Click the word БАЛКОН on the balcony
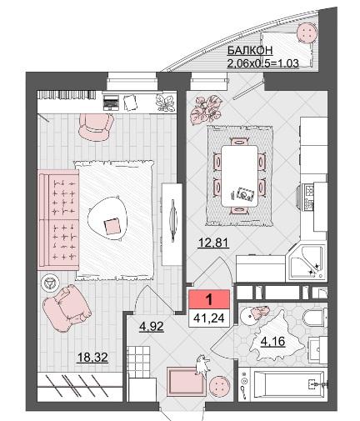[x=250, y=50]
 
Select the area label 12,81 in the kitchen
[x=213, y=243]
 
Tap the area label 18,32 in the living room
[x=92, y=358]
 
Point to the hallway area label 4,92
[x=152, y=327]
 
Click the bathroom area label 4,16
[x=272, y=342]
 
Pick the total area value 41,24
[x=209, y=318]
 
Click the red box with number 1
[x=209, y=299]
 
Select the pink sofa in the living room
[x=58, y=220]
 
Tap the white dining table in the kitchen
[x=239, y=176]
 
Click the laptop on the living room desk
[x=111, y=102]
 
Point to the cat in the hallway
[x=202, y=366]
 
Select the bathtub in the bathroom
[x=290, y=385]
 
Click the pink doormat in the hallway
[x=187, y=380]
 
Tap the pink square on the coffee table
[x=112, y=226]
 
